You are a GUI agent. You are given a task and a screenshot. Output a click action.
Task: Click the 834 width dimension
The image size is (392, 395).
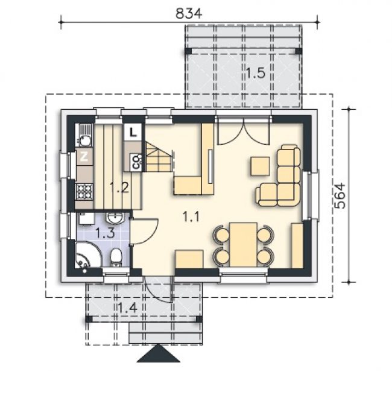[189, 13]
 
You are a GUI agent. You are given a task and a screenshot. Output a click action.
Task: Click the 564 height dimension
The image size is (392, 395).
[340, 196]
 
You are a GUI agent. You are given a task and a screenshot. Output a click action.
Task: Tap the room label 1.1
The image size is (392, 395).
[191, 216]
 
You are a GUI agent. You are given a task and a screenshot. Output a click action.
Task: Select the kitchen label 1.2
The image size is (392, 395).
[119, 188]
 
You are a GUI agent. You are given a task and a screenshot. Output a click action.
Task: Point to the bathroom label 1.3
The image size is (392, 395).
[106, 233]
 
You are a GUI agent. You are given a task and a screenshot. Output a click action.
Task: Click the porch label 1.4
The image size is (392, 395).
[127, 308]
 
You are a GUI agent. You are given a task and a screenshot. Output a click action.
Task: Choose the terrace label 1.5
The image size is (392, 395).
[256, 73]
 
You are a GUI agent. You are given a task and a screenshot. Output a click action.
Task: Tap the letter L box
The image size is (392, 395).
[133, 132]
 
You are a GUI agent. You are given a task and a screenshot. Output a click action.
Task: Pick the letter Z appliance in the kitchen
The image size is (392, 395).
[84, 157]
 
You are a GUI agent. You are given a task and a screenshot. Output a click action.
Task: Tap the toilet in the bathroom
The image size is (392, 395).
[116, 258]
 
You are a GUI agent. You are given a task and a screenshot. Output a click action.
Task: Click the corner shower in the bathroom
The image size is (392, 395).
[87, 255]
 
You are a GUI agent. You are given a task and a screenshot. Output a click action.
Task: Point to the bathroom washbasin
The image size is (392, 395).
[115, 218]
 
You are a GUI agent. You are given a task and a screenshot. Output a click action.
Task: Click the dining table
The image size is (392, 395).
[243, 244]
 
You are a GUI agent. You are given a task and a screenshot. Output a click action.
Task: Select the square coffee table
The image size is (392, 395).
[261, 166]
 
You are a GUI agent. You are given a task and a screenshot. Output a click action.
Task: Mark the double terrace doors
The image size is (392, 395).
[244, 132]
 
